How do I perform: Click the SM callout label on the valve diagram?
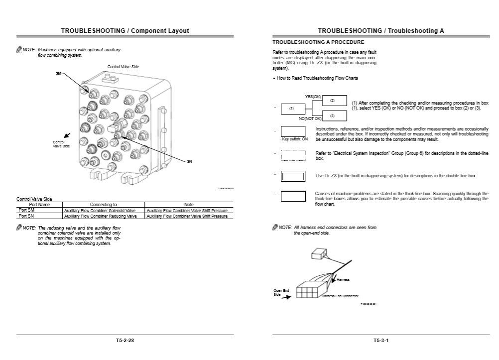58,73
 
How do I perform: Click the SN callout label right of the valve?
189,161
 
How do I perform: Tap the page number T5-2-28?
125,341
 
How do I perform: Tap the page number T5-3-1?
381,341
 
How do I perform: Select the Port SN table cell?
26,216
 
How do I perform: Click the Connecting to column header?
104,205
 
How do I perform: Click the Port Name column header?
39,205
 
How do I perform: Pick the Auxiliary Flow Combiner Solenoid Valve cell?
100,211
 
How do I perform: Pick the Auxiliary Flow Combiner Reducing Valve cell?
100,217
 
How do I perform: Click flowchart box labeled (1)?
292,109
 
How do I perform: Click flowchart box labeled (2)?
333,101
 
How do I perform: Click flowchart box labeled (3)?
333,116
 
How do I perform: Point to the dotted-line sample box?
293,155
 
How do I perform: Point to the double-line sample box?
293,176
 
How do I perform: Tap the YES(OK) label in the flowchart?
313,96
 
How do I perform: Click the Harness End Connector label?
340,296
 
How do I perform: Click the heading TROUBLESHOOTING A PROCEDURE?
318,42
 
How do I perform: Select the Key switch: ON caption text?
295,139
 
